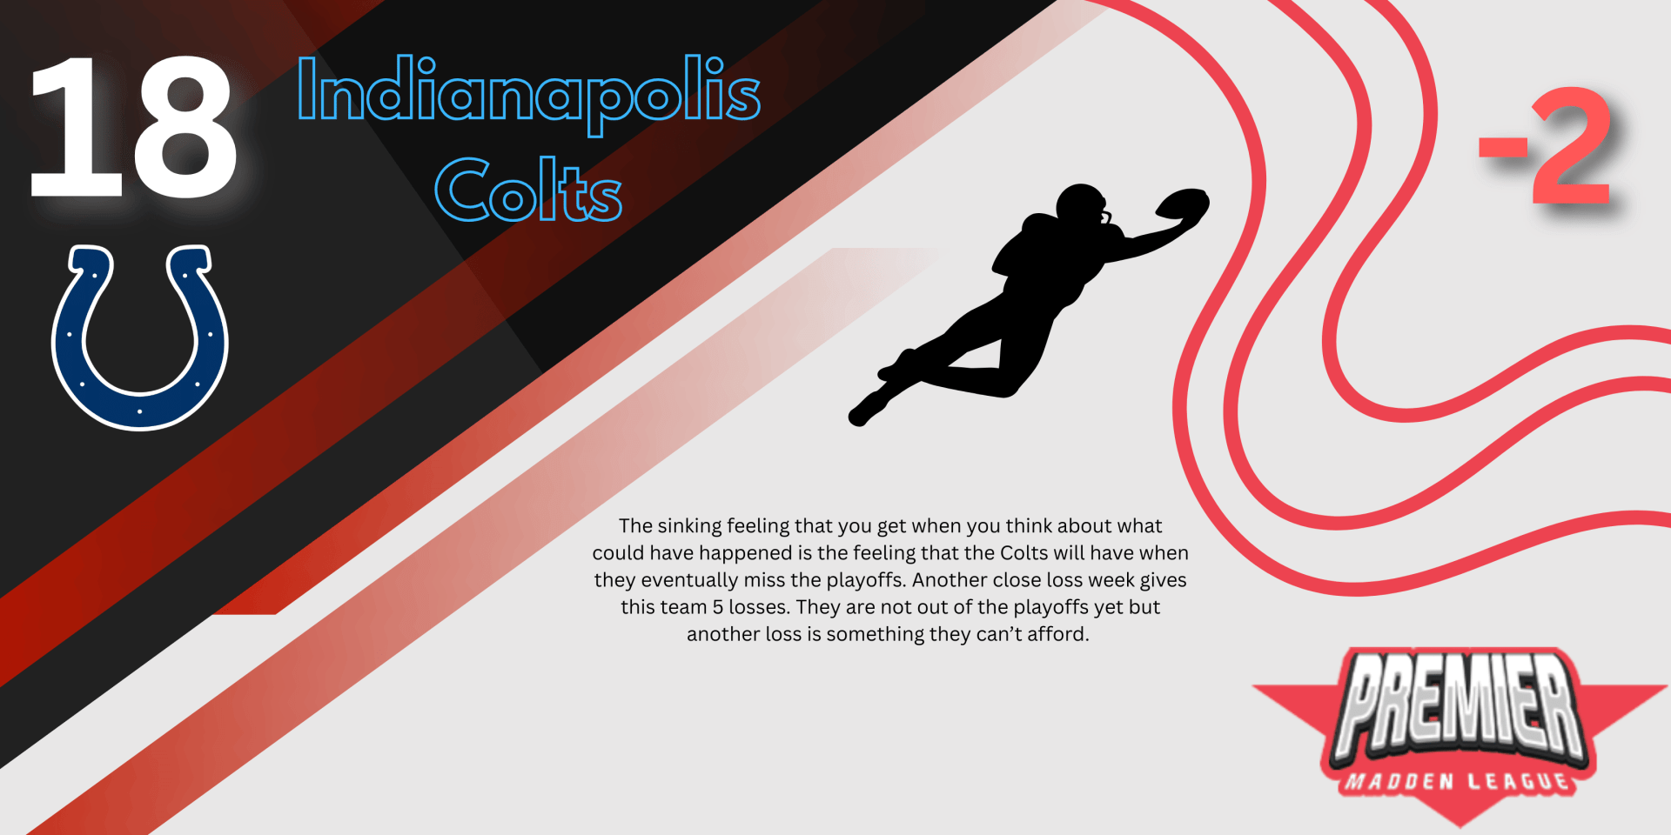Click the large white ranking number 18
(x=132, y=127)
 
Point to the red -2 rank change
(x=1546, y=145)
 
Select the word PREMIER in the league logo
(x=1460, y=705)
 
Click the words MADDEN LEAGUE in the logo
(x=1457, y=782)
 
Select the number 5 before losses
(x=718, y=607)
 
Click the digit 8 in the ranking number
(x=185, y=127)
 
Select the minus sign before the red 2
(x=1503, y=148)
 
